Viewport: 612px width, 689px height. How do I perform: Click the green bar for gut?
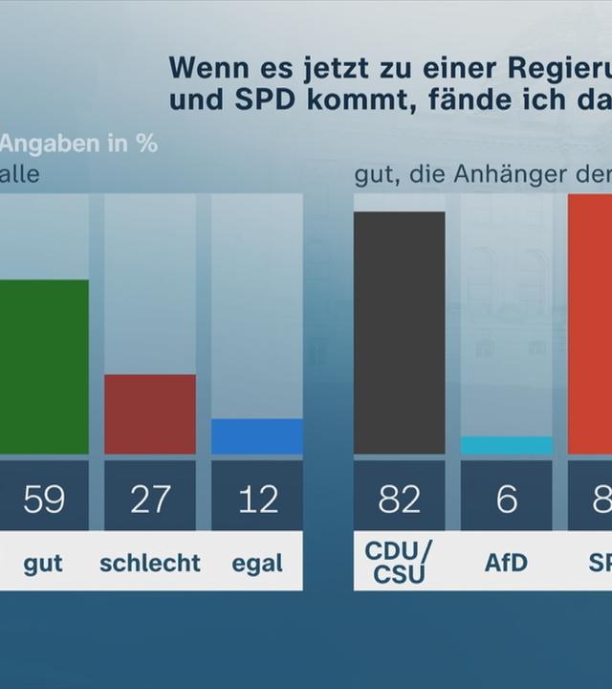click(43, 367)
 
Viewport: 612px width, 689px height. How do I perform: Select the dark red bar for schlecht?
click(150, 413)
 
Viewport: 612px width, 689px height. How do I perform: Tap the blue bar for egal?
click(256, 436)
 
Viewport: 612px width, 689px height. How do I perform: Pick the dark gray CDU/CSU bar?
click(399, 332)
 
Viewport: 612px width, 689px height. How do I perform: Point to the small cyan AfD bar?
click(506, 446)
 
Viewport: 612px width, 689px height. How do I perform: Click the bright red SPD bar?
click(590, 323)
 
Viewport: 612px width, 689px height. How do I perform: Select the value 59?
click(44, 499)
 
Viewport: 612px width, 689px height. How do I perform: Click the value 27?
click(150, 499)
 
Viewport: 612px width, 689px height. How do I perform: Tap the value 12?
click(257, 499)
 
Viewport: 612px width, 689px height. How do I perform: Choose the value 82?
click(399, 499)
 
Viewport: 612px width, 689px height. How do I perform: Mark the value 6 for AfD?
click(506, 499)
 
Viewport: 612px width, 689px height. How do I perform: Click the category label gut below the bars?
click(43, 564)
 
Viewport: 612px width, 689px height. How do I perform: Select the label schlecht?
click(150, 563)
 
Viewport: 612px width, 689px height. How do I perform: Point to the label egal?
click(257, 564)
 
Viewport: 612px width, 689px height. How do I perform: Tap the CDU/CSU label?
click(399, 562)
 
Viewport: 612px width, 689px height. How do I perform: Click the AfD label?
click(506, 562)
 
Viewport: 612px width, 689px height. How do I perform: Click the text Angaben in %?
click(78, 144)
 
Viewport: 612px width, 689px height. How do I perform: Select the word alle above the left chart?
click(19, 175)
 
